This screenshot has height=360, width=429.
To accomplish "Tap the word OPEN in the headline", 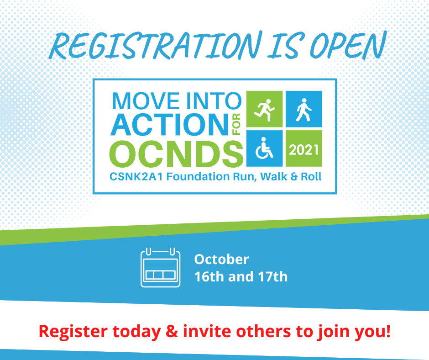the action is point(348,45).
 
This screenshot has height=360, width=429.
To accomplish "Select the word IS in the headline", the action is point(285,46).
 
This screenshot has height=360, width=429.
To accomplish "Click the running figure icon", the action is point(264,109).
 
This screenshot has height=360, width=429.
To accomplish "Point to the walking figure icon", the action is point(303,110).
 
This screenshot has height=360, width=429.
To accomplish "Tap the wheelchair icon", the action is point(264,148).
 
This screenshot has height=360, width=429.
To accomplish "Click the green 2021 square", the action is point(303,148).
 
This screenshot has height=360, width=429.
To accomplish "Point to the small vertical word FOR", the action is point(236,124).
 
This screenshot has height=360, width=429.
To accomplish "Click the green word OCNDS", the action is point(176,154).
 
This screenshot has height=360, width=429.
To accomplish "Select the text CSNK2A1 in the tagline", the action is point(136,176).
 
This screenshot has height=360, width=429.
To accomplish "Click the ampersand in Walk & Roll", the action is point(294,176).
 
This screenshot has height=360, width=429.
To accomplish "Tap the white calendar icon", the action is point(160,267).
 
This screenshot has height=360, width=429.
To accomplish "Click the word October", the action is point(222,259).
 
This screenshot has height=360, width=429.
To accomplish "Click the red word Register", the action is point(73,332).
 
